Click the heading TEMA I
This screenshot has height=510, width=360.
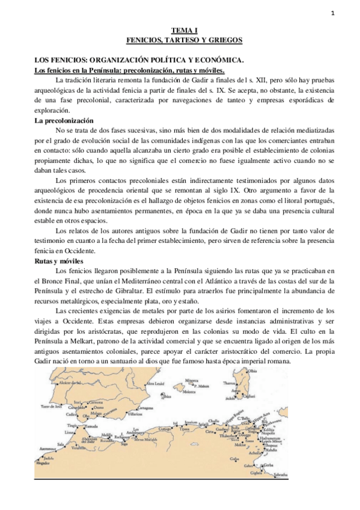coord(180,29)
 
